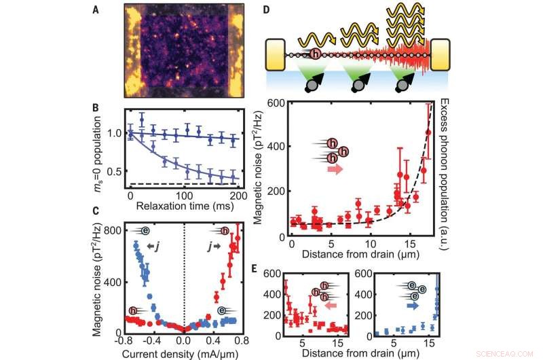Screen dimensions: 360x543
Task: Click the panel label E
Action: point(267,268)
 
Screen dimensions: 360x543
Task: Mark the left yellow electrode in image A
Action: point(131,51)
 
